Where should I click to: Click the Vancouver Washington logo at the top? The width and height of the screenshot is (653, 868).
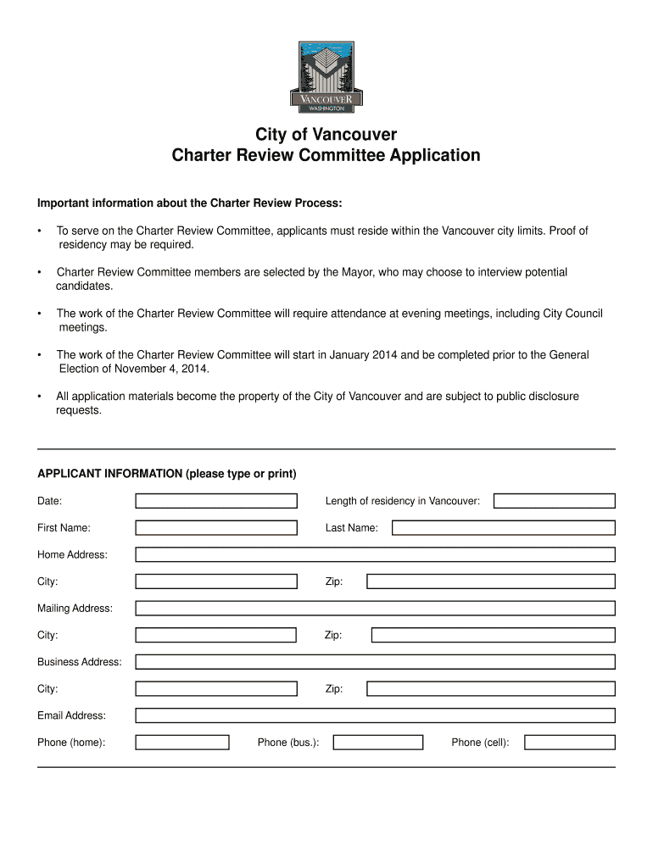click(326, 76)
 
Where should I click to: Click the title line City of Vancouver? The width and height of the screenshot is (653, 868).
click(326, 135)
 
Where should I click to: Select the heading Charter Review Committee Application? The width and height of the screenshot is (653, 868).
click(326, 156)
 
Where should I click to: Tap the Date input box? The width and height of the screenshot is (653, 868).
click(216, 501)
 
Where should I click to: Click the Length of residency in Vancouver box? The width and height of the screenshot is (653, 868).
click(554, 501)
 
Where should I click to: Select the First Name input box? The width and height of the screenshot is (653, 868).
click(216, 528)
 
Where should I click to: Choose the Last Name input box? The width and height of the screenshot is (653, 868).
click(503, 528)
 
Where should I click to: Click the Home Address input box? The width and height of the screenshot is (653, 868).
click(375, 555)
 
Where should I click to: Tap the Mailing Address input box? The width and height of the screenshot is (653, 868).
click(375, 609)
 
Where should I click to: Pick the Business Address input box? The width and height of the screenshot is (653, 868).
click(375, 662)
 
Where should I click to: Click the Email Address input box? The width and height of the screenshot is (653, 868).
click(375, 715)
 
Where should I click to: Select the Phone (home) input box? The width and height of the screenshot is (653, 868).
click(182, 743)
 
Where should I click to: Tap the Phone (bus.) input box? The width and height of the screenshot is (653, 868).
click(377, 743)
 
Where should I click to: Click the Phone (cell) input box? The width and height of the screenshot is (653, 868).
click(569, 743)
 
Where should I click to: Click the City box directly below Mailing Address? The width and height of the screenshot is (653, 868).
click(215, 635)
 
